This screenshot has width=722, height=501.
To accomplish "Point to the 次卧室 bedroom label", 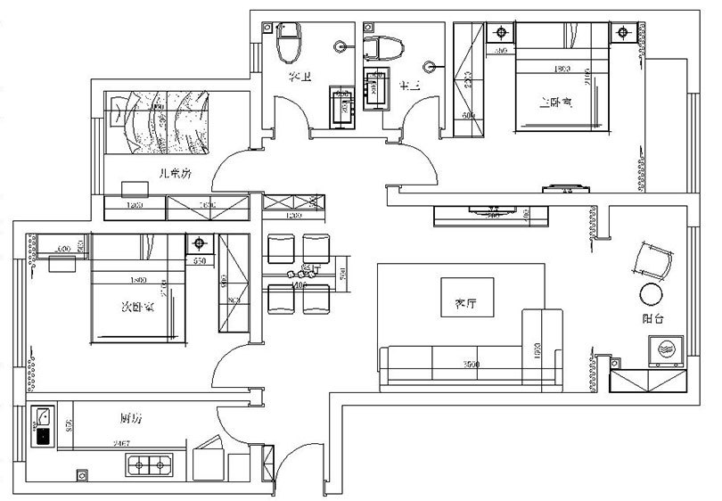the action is pyautogui.click(x=134, y=307).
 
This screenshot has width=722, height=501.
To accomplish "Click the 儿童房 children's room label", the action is pyautogui.click(x=174, y=175).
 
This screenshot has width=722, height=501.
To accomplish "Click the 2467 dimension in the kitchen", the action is pyautogui.click(x=122, y=443).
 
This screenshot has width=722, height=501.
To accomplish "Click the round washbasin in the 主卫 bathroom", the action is pyautogui.click(x=431, y=64).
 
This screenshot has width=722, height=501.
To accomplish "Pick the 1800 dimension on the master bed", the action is pyautogui.click(x=562, y=69).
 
